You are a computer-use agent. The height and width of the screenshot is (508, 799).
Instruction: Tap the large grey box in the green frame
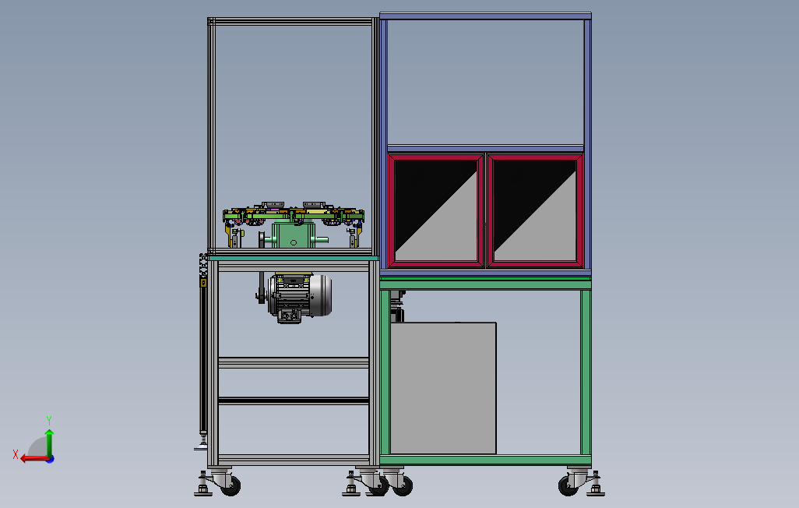(x=442, y=387)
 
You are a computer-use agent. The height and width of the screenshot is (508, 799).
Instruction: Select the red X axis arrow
(x=31, y=458)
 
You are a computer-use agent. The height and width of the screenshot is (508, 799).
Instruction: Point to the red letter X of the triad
(x=16, y=454)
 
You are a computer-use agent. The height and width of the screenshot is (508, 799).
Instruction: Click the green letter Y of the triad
(x=49, y=419)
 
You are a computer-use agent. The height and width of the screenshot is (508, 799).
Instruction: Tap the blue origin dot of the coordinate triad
(x=49, y=459)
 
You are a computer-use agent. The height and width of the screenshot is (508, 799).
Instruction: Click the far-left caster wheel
(x=230, y=485)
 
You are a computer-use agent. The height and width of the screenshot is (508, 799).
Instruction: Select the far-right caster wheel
(x=569, y=485)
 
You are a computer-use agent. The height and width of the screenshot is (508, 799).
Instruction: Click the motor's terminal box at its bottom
(x=289, y=315)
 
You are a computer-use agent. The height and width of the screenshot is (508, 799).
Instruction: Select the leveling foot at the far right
(x=596, y=490)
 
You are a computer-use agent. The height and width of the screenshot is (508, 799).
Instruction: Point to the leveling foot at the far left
(x=202, y=490)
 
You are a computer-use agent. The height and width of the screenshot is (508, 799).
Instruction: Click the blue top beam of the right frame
(x=484, y=16)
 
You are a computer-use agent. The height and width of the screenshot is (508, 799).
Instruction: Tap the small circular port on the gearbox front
(x=294, y=243)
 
